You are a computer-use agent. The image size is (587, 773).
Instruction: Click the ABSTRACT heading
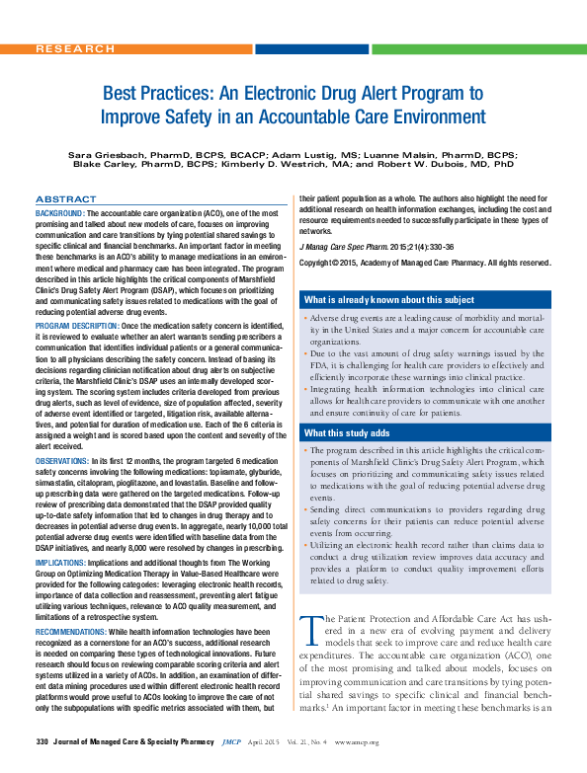coord(66,199)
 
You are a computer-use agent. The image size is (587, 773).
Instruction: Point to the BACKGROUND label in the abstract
coord(59,213)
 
